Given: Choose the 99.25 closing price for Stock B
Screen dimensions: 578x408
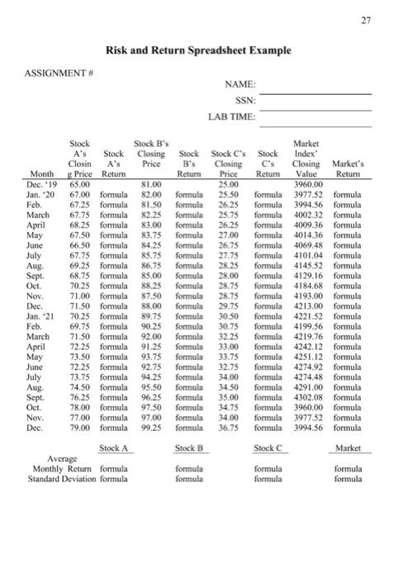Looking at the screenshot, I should (150, 429).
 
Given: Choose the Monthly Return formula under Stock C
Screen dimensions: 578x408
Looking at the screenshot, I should (268, 468).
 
